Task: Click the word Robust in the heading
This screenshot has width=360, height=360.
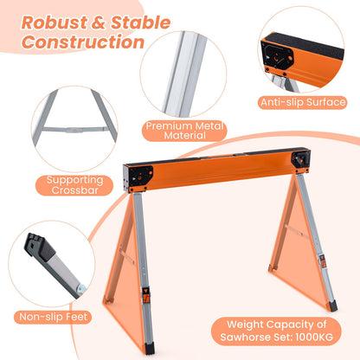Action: click(55, 22)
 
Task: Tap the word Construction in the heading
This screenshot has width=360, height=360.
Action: click(83, 42)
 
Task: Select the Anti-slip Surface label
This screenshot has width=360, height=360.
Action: click(303, 102)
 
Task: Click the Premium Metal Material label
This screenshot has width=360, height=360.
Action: click(184, 131)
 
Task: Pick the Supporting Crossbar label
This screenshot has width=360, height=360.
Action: click(74, 185)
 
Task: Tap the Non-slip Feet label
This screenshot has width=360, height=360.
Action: click(53, 317)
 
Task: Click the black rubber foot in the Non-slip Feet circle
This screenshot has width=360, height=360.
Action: click(40, 247)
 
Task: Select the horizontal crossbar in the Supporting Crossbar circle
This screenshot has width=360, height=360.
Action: click(75, 130)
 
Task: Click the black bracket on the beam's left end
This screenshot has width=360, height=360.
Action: click(138, 177)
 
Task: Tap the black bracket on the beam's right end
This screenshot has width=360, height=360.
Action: click(301, 159)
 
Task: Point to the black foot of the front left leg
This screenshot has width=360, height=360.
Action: click(150, 348)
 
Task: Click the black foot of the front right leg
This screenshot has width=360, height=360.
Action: click(333, 306)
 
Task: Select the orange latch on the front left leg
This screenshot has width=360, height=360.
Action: click(145, 294)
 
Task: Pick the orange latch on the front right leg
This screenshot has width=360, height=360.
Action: click(323, 261)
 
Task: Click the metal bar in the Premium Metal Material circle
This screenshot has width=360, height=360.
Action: click(185, 74)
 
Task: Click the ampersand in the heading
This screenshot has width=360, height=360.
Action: click(100, 22)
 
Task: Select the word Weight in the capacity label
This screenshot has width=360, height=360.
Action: click(245, 325)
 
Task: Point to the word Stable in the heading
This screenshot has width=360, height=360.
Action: click(140, 22)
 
